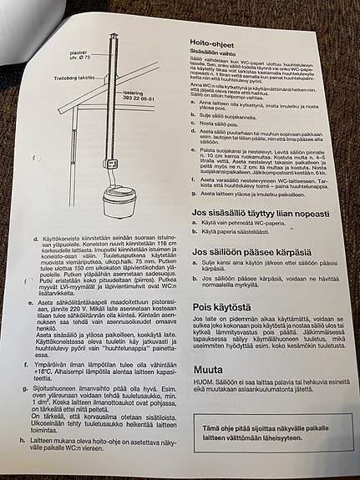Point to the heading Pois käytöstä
coord(220,306)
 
